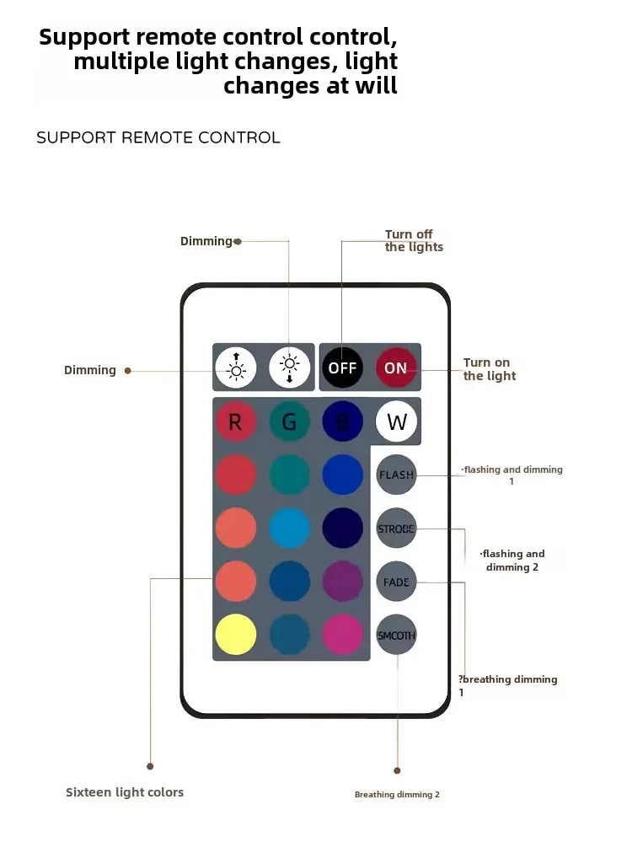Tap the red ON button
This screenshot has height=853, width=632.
[x=395, y=367]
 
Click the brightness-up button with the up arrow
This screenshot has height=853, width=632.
[x=236, y=367]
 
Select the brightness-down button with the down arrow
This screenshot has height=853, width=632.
[x=289, y=367]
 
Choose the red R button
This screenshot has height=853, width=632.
[x=236, y=421]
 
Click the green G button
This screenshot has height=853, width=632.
[x=289, y=421]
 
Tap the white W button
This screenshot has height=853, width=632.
[x=396, y=421]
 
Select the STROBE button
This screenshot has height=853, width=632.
[x=396, y=528]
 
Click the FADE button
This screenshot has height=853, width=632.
[x=396, y=582]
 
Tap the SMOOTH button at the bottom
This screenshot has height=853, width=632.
[x=396, y=635]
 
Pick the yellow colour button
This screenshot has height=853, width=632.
[x=236, y=635]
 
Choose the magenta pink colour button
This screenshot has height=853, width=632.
[x=342, y=635]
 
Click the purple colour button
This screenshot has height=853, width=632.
[x=342, y=582]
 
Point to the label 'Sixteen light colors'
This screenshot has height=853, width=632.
[x=125, y=792]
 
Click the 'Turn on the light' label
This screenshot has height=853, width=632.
[x=489, y=369]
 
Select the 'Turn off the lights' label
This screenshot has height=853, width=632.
[x=414, y=240]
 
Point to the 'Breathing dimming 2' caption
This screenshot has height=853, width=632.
[x=397, y=795]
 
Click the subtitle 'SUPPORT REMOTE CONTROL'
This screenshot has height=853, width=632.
[x=158, y=137]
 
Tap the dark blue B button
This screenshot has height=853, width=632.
[x=342, y=421]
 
